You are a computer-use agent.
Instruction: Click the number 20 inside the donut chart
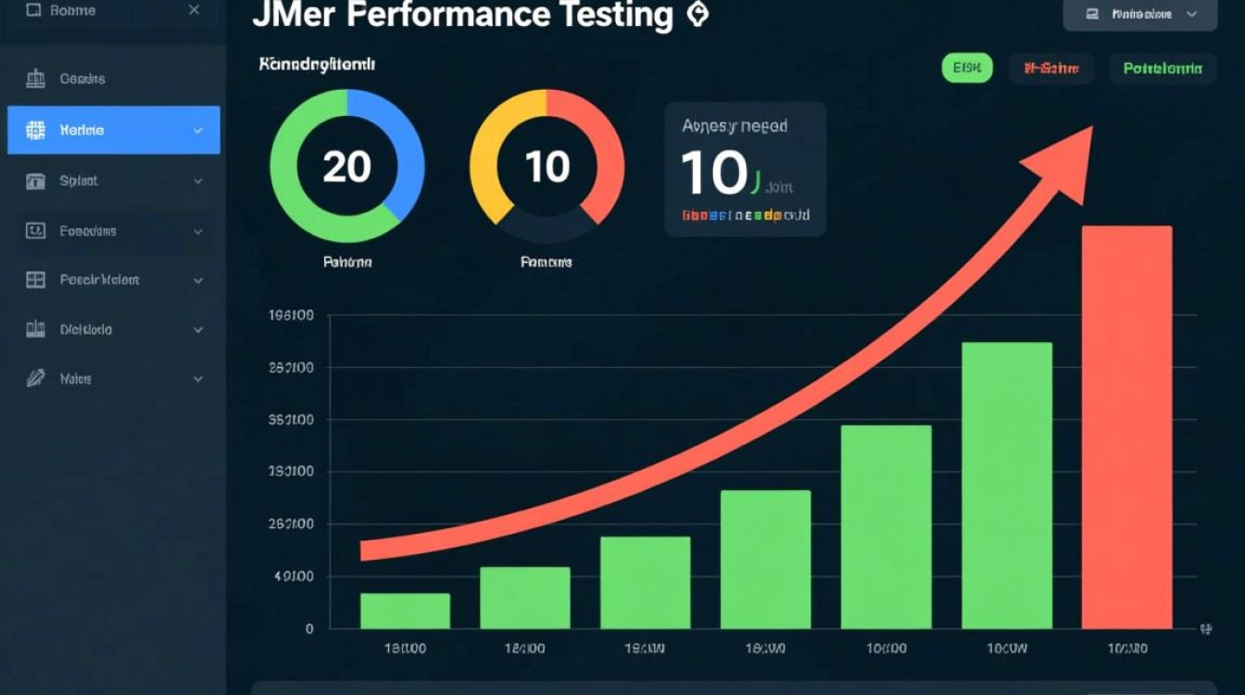(x=346, y=167)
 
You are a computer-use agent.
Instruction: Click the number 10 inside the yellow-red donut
(x=547, y=167)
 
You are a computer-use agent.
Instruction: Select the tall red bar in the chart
(x=1126, y=426)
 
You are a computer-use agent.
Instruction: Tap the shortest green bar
(x=405, y=611)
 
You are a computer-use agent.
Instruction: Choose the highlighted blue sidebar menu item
(x=114, y=130)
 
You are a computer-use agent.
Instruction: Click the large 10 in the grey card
(x=713, y=172)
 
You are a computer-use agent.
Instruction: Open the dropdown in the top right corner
(x=1139, y=14)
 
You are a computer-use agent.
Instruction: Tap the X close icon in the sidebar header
(x=194, y=10)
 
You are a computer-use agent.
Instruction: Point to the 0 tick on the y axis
(x=309, y=628)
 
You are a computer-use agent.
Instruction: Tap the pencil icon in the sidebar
(x=35, y=378)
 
